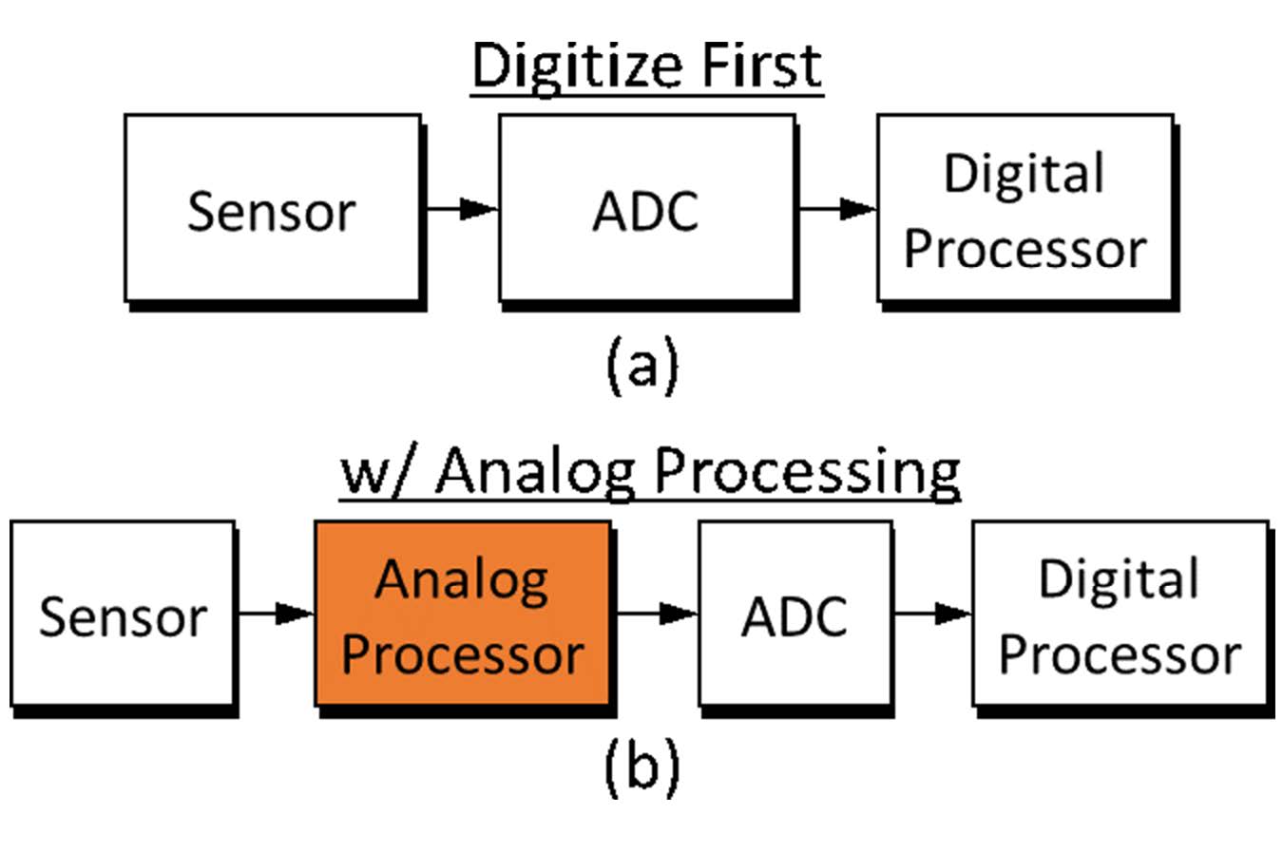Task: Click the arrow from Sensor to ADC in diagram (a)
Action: pyautogui.click(x=462, y=210)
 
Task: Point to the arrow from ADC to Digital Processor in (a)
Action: pyautogui.click(x=836, y=210)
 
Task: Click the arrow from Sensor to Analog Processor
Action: pyautogui.click(x=276, y=615)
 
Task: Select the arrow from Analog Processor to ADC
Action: pyautogui.click(x=656, y=615)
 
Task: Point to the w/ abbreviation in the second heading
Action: pyautogui.click(x=378, y=473)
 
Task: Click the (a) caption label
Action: pyautogui.click(x=642, y=364)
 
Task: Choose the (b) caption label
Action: pyautogui.click(x=642, y=770)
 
